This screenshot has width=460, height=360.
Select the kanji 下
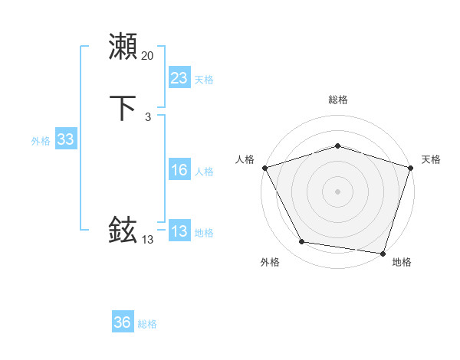(x=123, y=108)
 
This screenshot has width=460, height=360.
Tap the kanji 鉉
(x=123, y=230)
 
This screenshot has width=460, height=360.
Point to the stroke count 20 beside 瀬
(x=147, y=56)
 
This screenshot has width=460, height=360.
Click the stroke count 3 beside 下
(x=147, y=116)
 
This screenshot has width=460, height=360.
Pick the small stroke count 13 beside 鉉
(x=147, y=239)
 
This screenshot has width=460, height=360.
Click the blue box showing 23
(x=179, y=78)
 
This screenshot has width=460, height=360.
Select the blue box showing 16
(x=179, y=170)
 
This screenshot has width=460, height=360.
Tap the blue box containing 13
(x=179, y=231)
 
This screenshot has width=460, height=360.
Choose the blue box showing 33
(x=65, y=139)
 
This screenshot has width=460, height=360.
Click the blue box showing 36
(x=122, y=323)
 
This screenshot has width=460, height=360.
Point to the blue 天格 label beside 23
(x=204, y=80)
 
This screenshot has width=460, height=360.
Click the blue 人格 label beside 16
(x=204, y=172)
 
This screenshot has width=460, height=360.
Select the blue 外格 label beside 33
(x=41, y=141)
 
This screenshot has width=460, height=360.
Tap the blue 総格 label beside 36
(x=147, y=325)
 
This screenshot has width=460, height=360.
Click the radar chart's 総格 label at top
(x=337, y=100)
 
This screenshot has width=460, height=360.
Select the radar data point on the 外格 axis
(x=302, y=242)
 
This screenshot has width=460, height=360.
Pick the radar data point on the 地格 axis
(x=383, y=253)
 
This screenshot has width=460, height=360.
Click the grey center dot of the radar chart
(x=337, y=191)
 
